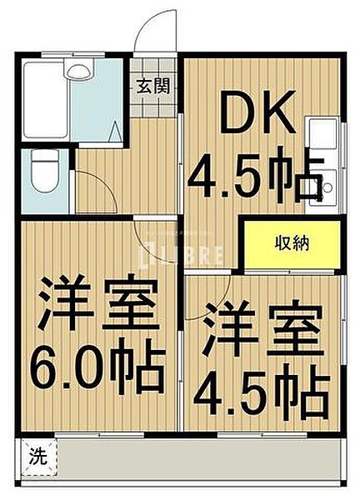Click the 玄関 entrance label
tap(153, 84)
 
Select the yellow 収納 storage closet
tap(292, 243)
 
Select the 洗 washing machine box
tap(38, 457)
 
